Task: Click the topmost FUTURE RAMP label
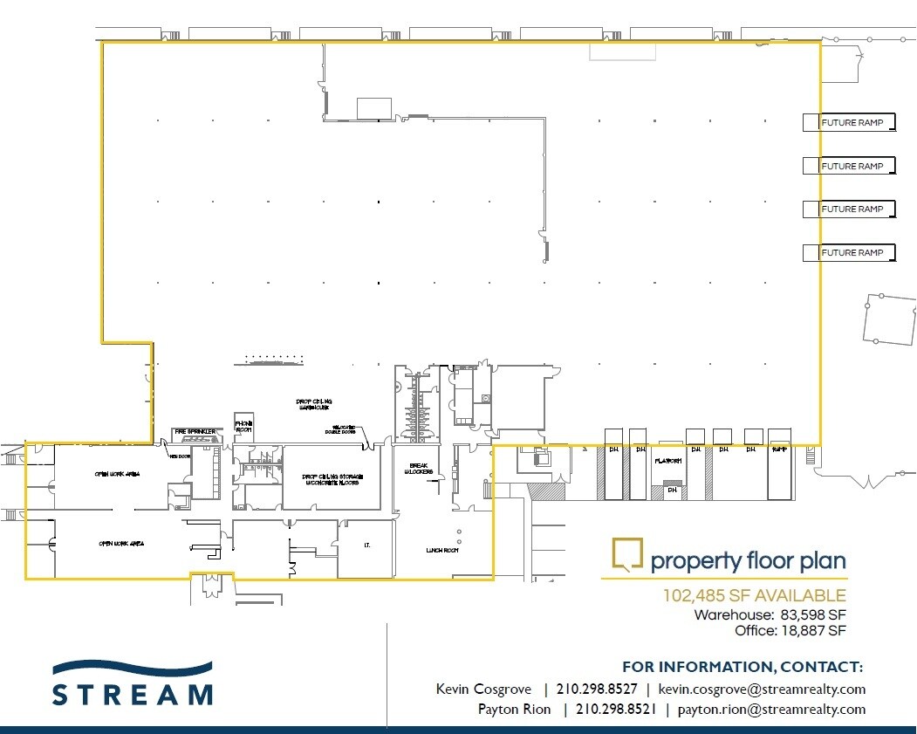852,123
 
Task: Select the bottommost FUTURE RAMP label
852,253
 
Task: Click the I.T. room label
367,545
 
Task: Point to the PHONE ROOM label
243,427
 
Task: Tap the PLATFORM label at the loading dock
667,461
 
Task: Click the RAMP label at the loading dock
778,450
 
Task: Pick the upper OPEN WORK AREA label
118,474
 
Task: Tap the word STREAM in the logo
132,695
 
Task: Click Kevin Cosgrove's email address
762,689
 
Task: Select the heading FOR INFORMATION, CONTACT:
742,668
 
